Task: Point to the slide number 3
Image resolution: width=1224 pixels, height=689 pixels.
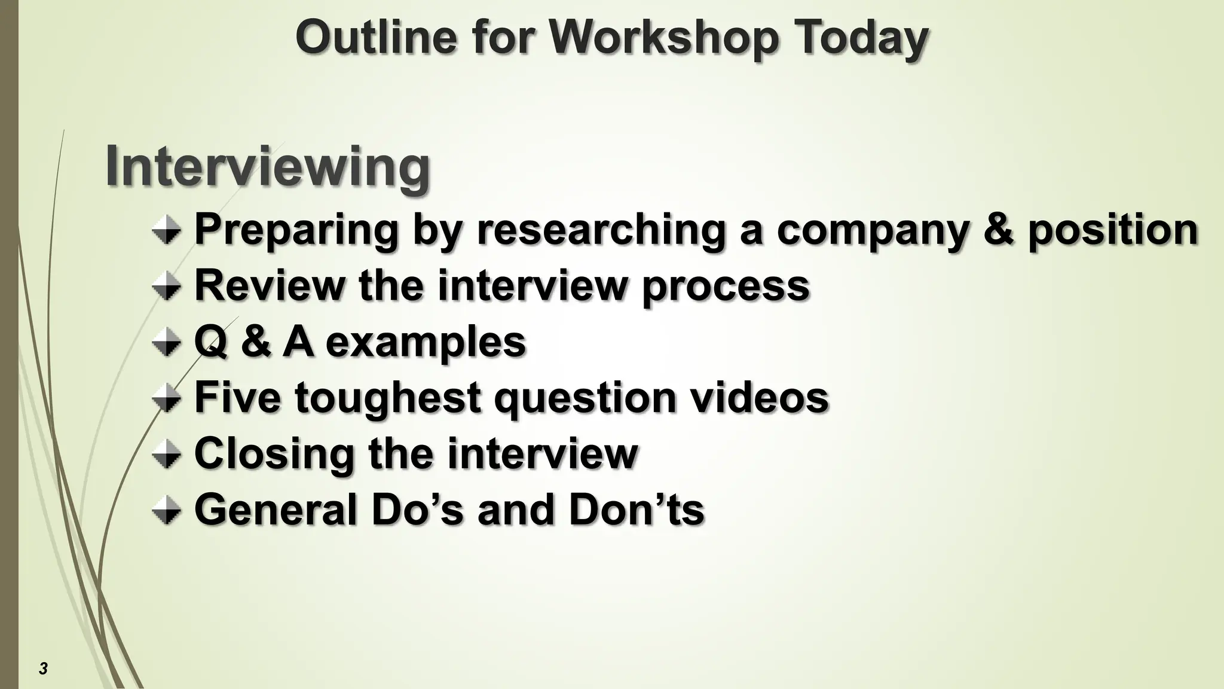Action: (x=43, y=669)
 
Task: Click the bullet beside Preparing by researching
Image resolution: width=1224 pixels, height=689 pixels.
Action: (x=166, y=231)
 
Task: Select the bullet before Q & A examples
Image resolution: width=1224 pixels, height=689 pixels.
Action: (x=166, y=343)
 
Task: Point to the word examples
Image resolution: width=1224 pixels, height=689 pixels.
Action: (x=426, y=343)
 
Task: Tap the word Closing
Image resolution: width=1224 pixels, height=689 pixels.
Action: (x=274, y=454)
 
